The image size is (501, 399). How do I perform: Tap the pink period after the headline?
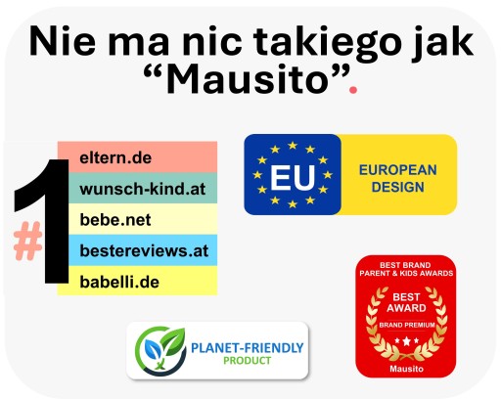[353, 89]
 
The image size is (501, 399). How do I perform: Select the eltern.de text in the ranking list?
[115, 158]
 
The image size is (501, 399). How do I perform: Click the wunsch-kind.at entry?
[143, 189]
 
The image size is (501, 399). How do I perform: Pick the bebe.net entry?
[115, 220]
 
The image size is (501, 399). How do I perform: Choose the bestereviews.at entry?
[144, 251]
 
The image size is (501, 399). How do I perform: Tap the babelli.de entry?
[119, 282]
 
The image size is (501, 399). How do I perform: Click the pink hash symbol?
[27, 241]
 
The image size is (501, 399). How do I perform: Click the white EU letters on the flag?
[293, 178]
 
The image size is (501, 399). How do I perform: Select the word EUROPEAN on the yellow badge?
[398, 170]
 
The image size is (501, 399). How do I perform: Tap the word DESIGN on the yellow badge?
[398, 187]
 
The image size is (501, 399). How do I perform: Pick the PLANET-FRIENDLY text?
[248, 348]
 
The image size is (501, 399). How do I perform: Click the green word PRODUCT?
[248, 361]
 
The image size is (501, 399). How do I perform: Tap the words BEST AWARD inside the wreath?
[406, 302]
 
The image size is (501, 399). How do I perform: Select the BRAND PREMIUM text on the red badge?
[407, 325]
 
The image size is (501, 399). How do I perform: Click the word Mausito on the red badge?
[406, 369]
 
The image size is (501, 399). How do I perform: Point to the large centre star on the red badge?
[406, 341]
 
